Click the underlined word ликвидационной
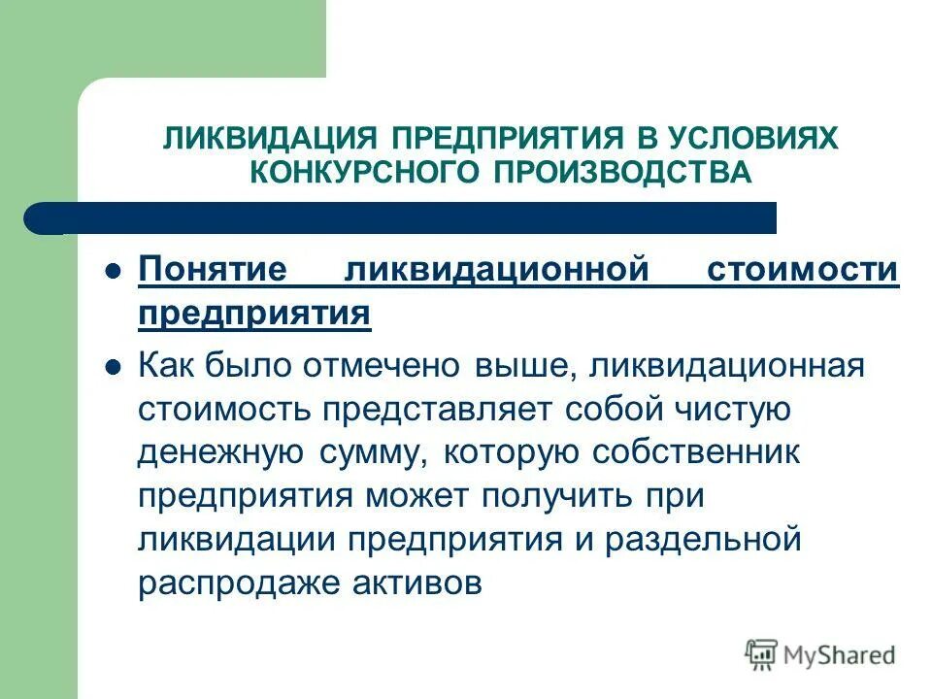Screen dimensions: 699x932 pos(496,271)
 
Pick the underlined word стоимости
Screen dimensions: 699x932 pos(802,271)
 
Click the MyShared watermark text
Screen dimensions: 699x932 pos(838,654)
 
